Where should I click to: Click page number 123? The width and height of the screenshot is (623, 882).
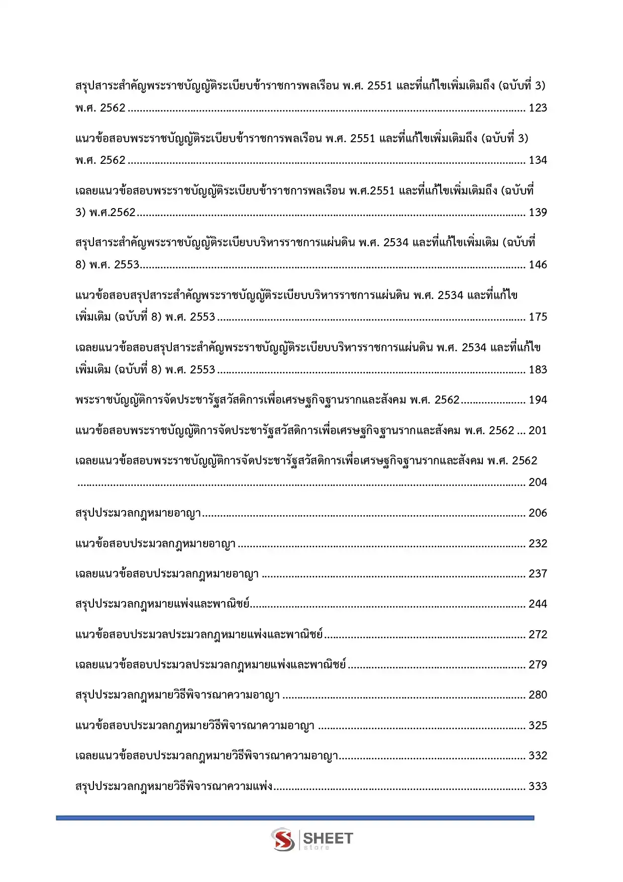coord(538,108)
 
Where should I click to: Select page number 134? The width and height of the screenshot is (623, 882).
coord(538,160)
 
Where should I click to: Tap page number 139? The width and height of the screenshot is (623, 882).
coord(538,213)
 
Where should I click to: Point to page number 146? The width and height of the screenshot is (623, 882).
coord(538,265)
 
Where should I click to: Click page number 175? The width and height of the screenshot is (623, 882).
coord(538,317)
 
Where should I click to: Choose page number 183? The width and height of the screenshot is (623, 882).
coord(538,370)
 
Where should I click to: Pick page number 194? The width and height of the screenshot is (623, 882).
coord(538,400)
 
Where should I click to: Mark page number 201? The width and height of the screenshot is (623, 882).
coord(538,431)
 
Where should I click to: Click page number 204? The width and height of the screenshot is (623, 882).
coord(538,482)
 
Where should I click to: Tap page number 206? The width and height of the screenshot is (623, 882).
coord(538,513)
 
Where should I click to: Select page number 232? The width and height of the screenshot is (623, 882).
coord(538,544)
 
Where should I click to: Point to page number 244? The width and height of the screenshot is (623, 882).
coord(538,604)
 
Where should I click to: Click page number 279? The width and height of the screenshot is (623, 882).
coord(538,665)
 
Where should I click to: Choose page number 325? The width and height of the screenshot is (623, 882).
coord(538,726)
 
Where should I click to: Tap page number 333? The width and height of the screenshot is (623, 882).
coord(538,787)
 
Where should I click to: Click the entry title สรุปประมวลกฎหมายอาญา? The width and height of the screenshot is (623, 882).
coord(138,513)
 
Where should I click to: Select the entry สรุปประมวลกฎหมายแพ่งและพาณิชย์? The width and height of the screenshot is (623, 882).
coord(162,604)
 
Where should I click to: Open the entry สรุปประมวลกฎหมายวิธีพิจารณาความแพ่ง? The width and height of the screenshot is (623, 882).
coord(174,787)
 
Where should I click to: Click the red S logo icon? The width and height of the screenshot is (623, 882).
coord(283,840)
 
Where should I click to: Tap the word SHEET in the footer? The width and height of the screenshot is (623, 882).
coord(328,838)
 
